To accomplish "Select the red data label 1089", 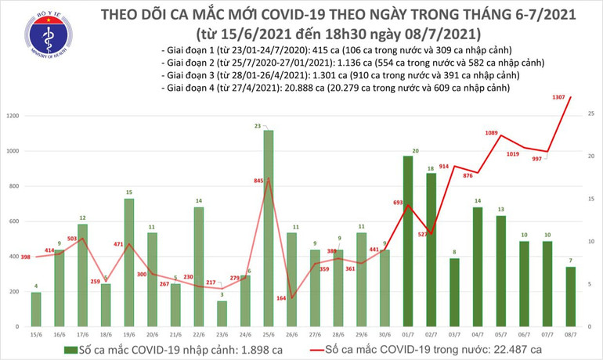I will [x=491, y=133].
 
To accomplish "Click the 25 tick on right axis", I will [x=589, y=114].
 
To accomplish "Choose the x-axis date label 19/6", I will [x=129, y=331].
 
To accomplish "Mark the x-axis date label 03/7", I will [x=453, y=331].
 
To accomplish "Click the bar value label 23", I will [x=267, y=125].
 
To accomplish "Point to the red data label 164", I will [x=279, y=298].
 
